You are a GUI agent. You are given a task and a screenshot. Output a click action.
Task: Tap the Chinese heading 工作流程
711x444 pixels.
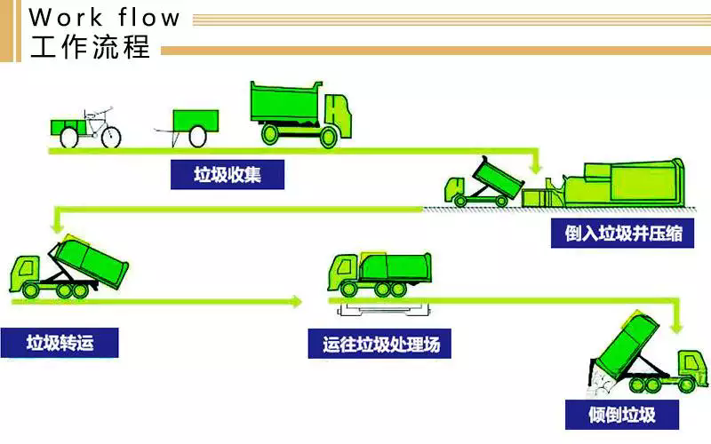pyautogui.click(x=90, y=47)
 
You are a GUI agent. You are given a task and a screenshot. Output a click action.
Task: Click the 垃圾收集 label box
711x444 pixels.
pyautogui.click(x=228, y=175)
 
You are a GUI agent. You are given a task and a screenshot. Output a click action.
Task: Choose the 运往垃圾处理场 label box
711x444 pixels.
pyautogui.click(x=380, y=344)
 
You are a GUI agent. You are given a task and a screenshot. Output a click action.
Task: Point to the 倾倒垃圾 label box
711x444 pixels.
pyautogui.click(x=621, y=414)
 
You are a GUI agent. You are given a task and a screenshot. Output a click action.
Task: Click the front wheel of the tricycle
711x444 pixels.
pyautogui.click(x=109, y=136)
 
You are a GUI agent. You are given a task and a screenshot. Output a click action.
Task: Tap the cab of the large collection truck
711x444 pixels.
pyautogui.click(x=337, y=115)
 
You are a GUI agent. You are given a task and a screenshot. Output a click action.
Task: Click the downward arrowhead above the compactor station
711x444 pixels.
pyautogui.click(x=535, y=166)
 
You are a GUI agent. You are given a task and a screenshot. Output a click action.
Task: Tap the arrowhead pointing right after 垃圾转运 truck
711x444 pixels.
pyautogui.click(x=296, y=302)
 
